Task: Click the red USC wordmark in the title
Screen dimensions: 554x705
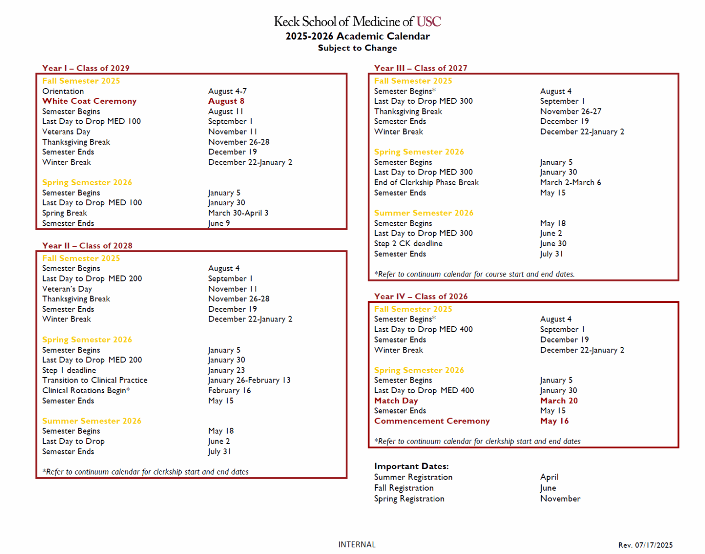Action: pyautogui.click(x=428, y=22)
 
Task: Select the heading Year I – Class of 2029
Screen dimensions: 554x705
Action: pyautogui.click(x=86, y=68)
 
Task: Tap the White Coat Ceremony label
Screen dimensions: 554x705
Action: pyautogui.click(x=90, y=101)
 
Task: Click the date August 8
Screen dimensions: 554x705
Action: pyautogui.click(x=226, y=101)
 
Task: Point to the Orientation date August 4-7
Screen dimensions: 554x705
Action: pyautogui.click(x=227, y=91)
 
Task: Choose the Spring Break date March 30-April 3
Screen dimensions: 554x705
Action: pyautogui.click(x=238, y=213)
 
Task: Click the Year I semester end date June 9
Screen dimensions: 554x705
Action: pyautogui.click(x=219, y=223)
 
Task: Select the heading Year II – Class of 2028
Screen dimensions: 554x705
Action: pyautogui.click(x=87, y=246)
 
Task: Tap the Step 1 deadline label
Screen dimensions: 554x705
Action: pyautogui.click(x=69, y=370)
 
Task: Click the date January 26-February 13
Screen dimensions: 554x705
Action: pyautogui.click(x=249, y=380)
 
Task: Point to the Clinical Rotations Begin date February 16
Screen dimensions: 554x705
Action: pyautogui.click(x=229, y=390)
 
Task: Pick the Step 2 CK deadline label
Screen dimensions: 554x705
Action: pyautogui.click(x=408, y=243)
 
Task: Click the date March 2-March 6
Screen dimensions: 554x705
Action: pyautogui.click(x=571, y=182)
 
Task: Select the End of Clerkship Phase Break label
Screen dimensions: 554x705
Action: pyautogui.click(x=426, y=182)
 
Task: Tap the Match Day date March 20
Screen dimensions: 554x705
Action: pyautogui.click(x=559, y=401)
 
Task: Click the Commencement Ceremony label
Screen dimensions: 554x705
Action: pyautogui.click(x=432, y=421)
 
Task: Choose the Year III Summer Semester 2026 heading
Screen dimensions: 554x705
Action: pyautogui.click(x=424, y=213)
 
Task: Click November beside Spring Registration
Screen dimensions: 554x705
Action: pyautogui.click(x=560, y=498)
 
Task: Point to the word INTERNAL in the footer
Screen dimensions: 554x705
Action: pyautogui.click(x=357, y=544)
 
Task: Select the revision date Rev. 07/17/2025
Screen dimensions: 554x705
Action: pyautogui.click(x=645, y=545)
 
